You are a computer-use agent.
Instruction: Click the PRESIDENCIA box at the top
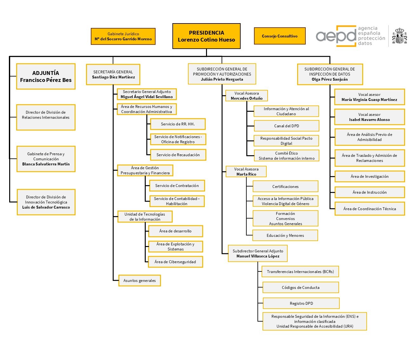(x=206, y=36)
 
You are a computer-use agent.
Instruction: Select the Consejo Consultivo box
(x=280, y=36)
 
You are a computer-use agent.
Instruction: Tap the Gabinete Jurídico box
(x=123, y=37)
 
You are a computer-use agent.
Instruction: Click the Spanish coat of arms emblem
(x=399, y=36)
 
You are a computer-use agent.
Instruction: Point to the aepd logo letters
(x=336, y=36)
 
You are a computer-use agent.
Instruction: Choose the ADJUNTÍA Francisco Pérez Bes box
(x=46, y=77)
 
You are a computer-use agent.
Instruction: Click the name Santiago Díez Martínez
(x=113, y=77)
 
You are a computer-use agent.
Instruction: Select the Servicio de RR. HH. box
(x=178, y=124)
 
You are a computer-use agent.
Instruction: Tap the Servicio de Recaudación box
(x=178, y=155)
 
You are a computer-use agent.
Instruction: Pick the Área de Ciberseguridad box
(x=175, y=262)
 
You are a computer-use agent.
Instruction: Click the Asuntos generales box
(x=140, y=281)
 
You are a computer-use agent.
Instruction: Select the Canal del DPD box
(x=286, y=126)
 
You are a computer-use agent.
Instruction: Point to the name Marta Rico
(x=246, y=174)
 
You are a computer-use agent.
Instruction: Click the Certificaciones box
(x=285, y=186)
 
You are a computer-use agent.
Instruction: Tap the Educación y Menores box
(x=285, y=235)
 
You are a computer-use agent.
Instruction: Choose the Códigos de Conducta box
(x=301, y=287)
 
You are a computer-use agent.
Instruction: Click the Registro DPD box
(x=301, y=303)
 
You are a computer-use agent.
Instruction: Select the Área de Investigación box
(x=370, y=176)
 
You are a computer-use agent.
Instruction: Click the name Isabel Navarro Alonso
(x=370, y=120)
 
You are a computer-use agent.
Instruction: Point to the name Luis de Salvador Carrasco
(x=46, y=207)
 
